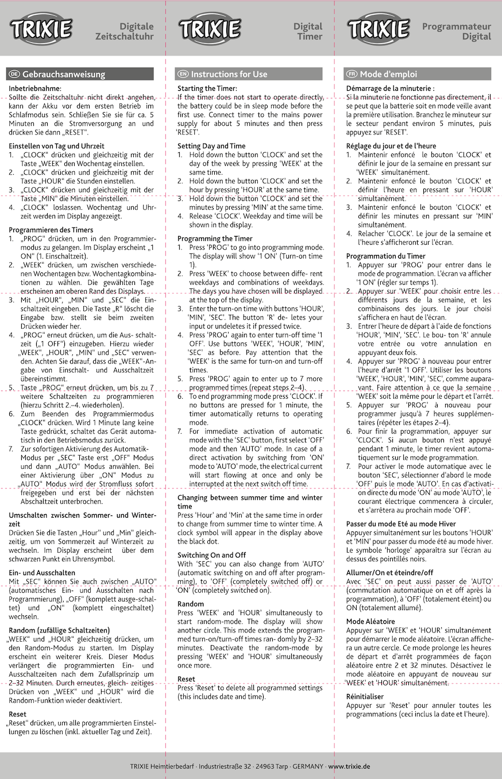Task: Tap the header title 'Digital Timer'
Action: tap(308, 31)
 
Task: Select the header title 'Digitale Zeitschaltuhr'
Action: tap(136, 31)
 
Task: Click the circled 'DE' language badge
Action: tap(14, 74)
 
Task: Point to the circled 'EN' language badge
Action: tap(183, 74)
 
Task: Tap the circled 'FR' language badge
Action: tap(352, 74)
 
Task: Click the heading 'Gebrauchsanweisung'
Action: tap(64, 74)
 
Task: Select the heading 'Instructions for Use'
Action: tap(229, 74)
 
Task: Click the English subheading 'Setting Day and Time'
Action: tap(211, 146)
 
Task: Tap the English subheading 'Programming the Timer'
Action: tap(215, 238)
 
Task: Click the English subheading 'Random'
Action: tap(191, 604)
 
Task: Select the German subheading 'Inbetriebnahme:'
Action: tap(35, 88)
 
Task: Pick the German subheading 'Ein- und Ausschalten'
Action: tap(42, 573)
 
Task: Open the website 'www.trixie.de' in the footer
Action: tap(349, 766)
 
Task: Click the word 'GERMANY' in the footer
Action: tap(309, 766)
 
